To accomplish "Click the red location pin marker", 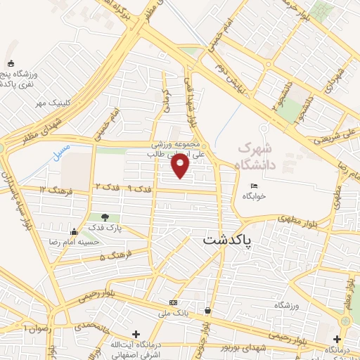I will click(x=181, y=166).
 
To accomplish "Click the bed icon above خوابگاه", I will click(x=254, y=186).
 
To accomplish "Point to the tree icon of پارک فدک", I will click(x=105, y=218).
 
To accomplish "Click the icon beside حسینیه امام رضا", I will click(x=74, y=232).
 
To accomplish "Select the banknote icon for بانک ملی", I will click(x=173, y=303).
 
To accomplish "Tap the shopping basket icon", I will click(x=207, y=310).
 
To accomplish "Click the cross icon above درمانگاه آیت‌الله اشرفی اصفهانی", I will click(x=136, y=334).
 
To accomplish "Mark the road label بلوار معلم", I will click(x=350, y=288).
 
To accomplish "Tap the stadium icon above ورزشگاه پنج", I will click(x=10, y=64).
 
